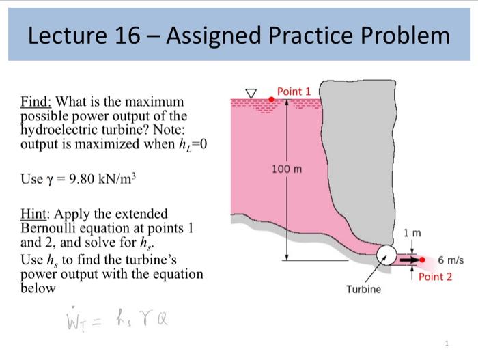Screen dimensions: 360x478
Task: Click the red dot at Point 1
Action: pos(272,100)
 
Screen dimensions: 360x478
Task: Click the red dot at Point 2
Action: pos(423,260)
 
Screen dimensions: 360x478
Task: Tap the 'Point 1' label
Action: pos(294,91)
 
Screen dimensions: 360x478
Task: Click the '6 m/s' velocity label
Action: pos(450,260)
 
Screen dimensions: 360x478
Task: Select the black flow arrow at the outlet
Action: pos(409,260)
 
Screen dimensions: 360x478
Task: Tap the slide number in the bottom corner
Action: pos(446,343)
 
